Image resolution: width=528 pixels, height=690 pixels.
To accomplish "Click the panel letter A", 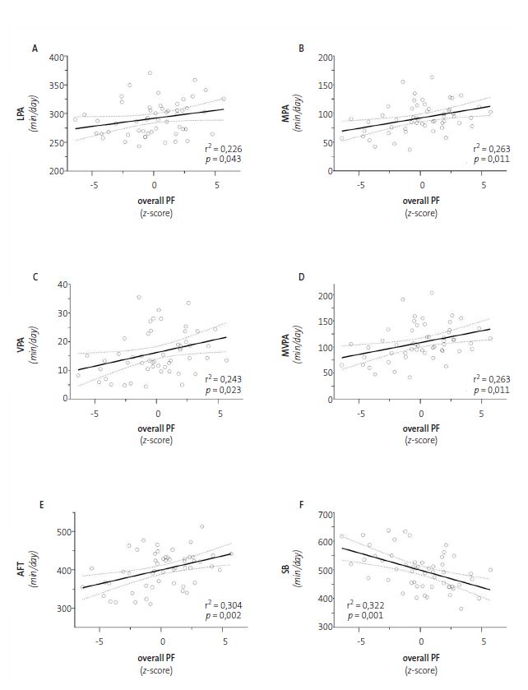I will pyautogui.click(x=35, y=49).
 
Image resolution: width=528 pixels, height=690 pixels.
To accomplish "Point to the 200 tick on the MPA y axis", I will pyautogui.click(x=327, y=58).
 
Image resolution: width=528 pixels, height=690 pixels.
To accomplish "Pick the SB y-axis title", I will pyautogui.click(x=301, y=570).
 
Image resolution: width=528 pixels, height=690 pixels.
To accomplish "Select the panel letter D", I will pyautogui.click(x=301, y=277).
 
